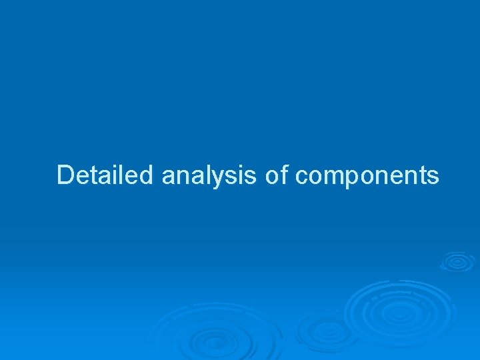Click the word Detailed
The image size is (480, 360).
tap(106, 175)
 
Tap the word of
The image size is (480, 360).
tap(276, 175)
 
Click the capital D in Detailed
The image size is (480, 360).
tap(65, 175)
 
